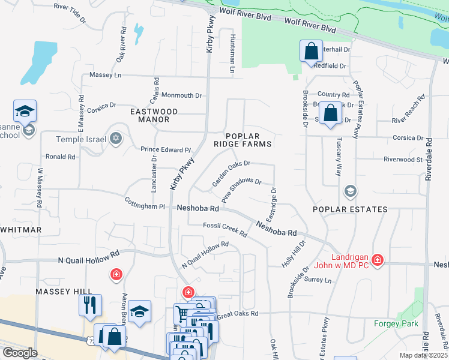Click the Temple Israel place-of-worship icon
pyautogui.click(x=116, y=139)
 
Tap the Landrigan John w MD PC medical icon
pyautogui.click(x=377, y=260)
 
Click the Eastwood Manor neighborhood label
pyautogui.click(x=155, y=116)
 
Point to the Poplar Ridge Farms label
pyautogui.click(x=249, y=140)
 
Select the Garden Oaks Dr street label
pyautogui.click(x=231, y=172)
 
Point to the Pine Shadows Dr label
pyautogui.click(x=241, y=189)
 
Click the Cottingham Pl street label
pyautogui.click(x=144, y=203)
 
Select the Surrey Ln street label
pyautogui.click(x=318, y=280)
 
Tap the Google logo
pyautogui.click(x=20, y=352)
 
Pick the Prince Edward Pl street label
pyautogui.click(x=165, y=149)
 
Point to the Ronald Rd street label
pyautogui.click(x=61, y=157)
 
